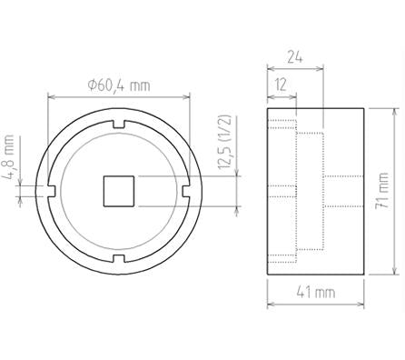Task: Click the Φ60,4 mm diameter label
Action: (x=119, y=85)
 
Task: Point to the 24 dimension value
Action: (x=294, y=57)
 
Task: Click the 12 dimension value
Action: (x=282, y=85)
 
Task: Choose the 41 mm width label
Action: (x=316, y=293)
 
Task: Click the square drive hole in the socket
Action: (x=119, y=191)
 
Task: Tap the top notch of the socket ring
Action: (x=119, y=124)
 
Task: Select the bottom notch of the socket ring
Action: (x=119, y=258)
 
